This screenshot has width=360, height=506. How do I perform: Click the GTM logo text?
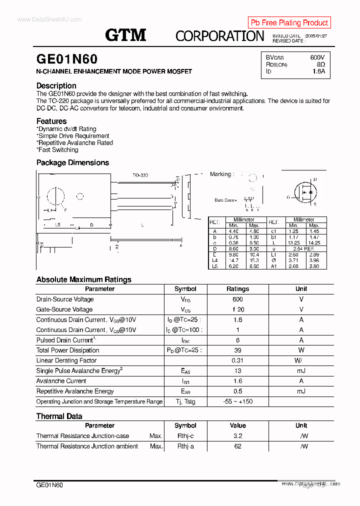coord(125,34)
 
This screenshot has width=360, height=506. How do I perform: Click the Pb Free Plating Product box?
coord(289,22)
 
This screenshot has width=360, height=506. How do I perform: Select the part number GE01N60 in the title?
coord(67,59)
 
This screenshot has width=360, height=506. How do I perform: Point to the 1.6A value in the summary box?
coord(318,71)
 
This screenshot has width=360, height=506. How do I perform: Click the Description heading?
coord(56,85)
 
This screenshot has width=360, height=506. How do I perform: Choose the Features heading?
coord(51,121)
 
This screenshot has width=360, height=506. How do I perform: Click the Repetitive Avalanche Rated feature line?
coord(75,142)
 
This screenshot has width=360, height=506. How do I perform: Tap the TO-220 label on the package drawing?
coord(140,175)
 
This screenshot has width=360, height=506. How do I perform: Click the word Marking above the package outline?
coord(220,174)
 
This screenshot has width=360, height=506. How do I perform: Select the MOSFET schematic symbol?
coord(304,191)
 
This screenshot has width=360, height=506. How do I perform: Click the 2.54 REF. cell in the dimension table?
coord(303,248)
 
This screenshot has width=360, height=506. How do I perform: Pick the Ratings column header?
coord(237,289)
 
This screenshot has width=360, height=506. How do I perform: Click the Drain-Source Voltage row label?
coord(65,299)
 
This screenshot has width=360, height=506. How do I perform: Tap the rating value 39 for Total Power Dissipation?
coord(237,350)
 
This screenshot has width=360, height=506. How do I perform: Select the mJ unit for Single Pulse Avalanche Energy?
coord(301,371)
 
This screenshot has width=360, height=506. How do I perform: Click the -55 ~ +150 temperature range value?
coord(237,401)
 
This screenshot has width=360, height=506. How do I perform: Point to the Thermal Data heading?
coord(59,416)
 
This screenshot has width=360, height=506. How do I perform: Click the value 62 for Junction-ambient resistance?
coord(237,446)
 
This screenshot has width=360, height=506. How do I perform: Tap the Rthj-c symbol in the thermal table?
coord(185,436)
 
